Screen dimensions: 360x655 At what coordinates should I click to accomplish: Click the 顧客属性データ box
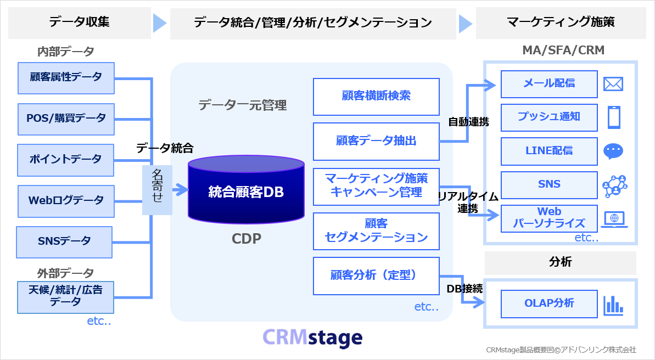[x=66, y=77]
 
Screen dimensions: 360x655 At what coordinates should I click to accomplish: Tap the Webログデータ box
[x=66, y=200]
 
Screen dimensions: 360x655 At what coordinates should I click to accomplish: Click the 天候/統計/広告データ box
[x=65, y=296]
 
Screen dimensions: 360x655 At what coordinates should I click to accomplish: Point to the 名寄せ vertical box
[x=157, y=189]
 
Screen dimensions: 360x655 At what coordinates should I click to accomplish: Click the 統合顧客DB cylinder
[x=245, y=192]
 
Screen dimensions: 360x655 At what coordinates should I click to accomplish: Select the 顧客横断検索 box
[x=376, y=97]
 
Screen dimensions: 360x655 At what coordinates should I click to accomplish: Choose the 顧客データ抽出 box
[x=376, y=141]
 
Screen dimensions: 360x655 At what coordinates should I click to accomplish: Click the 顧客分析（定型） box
[x=376, y=275]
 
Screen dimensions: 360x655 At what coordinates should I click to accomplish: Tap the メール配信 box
[x=549, y=83]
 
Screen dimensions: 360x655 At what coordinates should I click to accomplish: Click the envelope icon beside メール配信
[x=613, y=84]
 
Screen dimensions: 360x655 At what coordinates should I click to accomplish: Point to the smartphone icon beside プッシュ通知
[x=613, y=117]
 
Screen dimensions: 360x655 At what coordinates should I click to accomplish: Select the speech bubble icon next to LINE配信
[x=613, y=151]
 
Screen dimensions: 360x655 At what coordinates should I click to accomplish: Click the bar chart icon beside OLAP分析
[x=613, y=305]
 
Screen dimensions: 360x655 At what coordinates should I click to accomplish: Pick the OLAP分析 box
[x=549, y=303]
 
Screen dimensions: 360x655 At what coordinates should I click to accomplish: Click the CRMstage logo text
[x=312, y=338]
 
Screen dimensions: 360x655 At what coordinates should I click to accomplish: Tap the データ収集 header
[x=80, y=22]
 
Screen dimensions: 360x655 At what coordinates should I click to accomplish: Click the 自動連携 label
[x=469, y=121]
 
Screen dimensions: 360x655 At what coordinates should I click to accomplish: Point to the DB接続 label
[x=464, y=289]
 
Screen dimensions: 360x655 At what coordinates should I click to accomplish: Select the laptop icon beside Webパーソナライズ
[x=613, y=219]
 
